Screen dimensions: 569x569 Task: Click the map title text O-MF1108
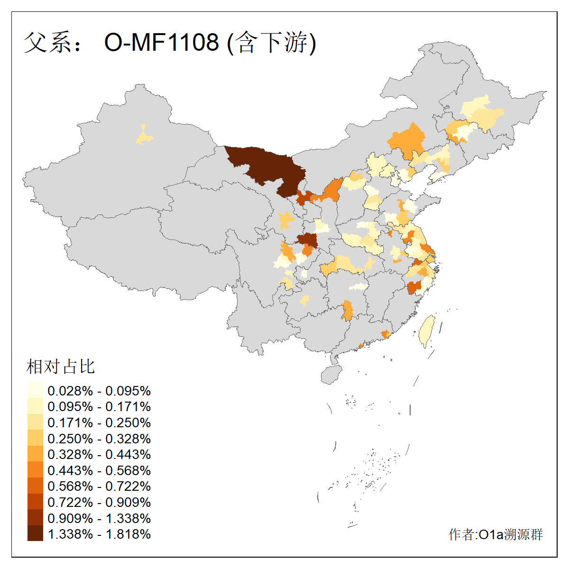pos(161,42)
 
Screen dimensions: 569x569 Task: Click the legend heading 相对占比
pos(61,367)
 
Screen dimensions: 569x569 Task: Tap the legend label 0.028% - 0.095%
pos(99,391)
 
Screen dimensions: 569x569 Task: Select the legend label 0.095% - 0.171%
pos(99,407)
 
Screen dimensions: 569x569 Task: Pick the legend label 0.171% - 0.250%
pos(99,422)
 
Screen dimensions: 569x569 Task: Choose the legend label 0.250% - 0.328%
pos(99,439)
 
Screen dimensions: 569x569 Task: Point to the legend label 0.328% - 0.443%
pos(99,454)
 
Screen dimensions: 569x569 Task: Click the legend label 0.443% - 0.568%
pos(99,470)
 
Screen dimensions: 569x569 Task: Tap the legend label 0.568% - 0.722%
pos(99,486)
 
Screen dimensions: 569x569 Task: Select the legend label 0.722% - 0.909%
pos(99,502)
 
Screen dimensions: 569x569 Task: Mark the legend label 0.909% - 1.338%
pos(99,518)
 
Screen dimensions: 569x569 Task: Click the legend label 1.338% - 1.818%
pos(99,534)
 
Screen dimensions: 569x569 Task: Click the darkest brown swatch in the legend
pos(35,534)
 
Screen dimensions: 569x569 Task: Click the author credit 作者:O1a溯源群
pos(496,535)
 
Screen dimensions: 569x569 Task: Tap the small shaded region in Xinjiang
pos(144,136)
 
